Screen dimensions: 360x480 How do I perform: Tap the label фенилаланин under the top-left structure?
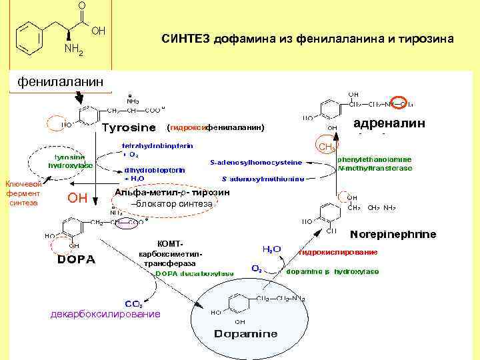point(61,82)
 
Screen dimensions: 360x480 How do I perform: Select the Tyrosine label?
point(129,127)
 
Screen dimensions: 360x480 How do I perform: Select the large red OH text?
point(78,197)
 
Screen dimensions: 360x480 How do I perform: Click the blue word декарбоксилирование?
point(106,313)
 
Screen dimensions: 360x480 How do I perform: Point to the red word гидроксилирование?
point(338,253)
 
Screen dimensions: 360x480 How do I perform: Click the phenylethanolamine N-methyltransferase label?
point(375,164)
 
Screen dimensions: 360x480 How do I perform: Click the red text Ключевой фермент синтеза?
point(23,193)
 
